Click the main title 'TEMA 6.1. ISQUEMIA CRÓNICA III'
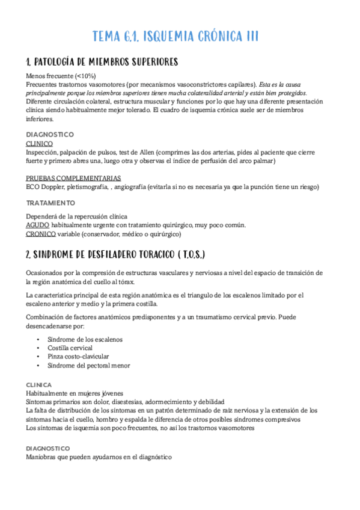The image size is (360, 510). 175,37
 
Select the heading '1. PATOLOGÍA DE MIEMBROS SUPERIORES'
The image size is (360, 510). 102,63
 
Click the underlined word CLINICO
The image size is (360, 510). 39,144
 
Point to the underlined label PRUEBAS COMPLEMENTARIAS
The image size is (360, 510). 73,178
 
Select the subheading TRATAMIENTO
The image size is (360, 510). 50,203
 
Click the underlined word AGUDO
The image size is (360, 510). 37,225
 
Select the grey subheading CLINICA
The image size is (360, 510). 39,384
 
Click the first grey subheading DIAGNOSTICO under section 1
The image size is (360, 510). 50,134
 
